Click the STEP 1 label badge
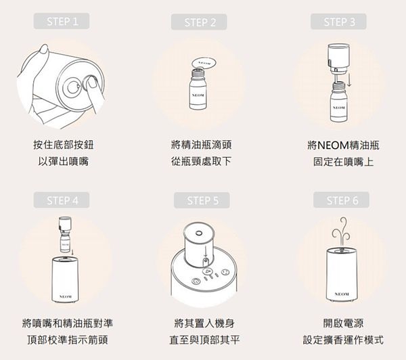62,21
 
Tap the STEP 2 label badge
199,22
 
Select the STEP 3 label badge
338,22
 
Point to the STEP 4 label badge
62,200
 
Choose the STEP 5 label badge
202,200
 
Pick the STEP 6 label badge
341,200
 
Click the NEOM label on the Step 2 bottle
198,95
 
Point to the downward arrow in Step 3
349,81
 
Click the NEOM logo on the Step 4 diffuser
65,296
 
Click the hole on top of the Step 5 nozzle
198,233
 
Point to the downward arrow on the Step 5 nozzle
206,251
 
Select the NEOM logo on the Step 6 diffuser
342,294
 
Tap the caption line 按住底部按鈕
64,145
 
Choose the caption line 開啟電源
343,323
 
